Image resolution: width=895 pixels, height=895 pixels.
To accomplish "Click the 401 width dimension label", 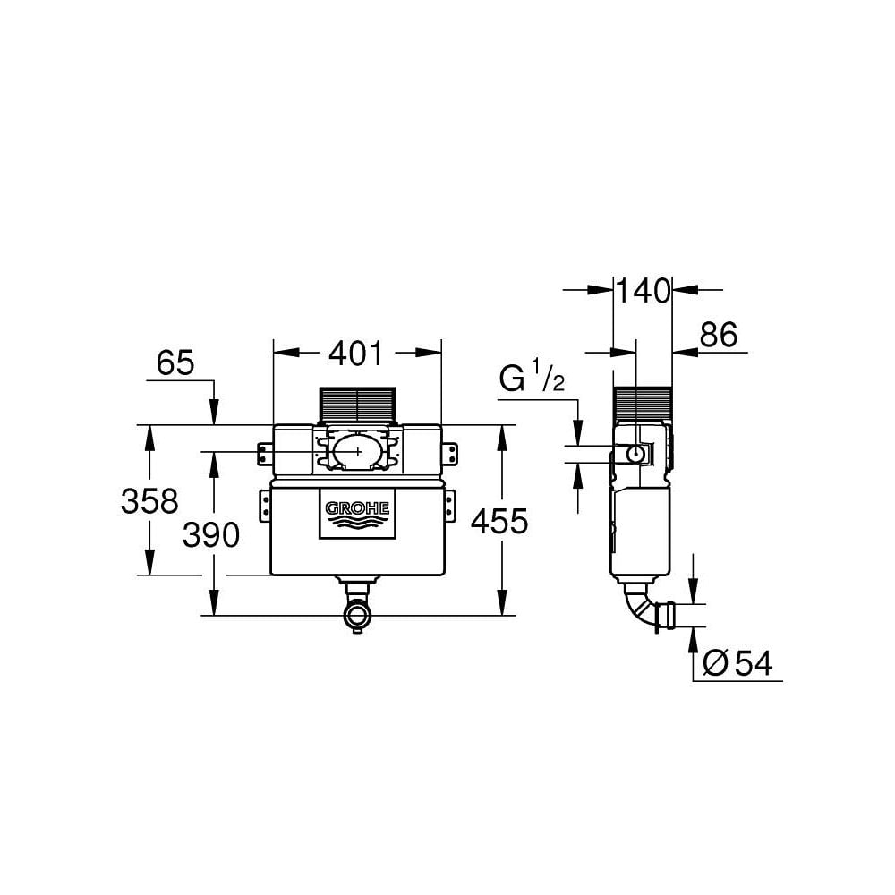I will (x=356, y=354).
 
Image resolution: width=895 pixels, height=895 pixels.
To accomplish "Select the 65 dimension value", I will (x=175, y=363).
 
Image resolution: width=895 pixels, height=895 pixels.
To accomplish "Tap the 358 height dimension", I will (x=149, y=501).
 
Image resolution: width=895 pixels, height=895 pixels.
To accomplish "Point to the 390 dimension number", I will (x=211, y=535).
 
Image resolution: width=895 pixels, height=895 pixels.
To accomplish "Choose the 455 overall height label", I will (x=499, y=522).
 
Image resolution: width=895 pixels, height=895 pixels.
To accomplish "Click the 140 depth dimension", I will (x=642, y=290).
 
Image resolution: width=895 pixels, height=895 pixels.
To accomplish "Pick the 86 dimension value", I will (x=718, y=335).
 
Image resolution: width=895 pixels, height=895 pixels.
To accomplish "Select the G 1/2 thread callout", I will (x=531, y=379).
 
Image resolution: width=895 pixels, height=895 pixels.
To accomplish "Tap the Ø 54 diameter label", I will (x=737, y=663).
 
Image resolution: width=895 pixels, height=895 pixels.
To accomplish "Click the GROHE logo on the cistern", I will (x=357, y=514).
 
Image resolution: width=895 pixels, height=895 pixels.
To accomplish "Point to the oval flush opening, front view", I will (x=357, y=450).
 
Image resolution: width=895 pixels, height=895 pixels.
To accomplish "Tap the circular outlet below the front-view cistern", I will (x=358, y=616).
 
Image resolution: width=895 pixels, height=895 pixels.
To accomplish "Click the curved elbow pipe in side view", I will (x=638, y=606).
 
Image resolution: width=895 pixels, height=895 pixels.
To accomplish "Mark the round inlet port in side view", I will (x=635, y=454).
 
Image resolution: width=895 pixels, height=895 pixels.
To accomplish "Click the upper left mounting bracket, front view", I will (x=264, y=454).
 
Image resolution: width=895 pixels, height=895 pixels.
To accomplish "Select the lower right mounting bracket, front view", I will (x=450, y=503).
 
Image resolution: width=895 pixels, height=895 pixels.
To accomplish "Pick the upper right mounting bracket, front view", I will (x=450, y=454).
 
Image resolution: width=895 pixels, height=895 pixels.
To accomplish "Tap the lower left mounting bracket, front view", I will (x=264, y=503).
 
